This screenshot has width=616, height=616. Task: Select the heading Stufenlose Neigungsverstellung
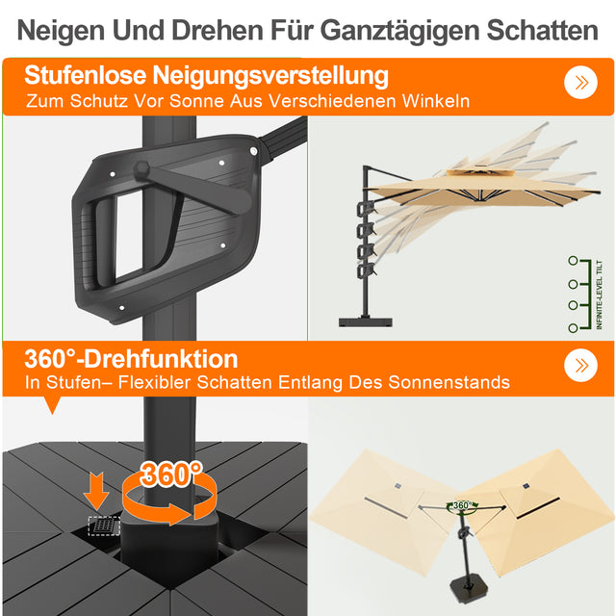pos(207,75)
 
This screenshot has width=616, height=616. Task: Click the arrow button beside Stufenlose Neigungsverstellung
pos(579,82)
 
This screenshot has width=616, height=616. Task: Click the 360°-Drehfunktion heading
pos(132,358)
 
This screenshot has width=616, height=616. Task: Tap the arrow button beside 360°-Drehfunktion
pos(579,365)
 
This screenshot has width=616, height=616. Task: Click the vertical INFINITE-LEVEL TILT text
pos(598,294)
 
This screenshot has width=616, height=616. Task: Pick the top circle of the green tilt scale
pos(573,260)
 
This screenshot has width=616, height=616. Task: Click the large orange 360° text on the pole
pos(171,474)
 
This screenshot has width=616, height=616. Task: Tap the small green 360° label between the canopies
pos(462,505)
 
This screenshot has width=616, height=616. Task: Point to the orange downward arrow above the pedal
pos(96,489)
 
